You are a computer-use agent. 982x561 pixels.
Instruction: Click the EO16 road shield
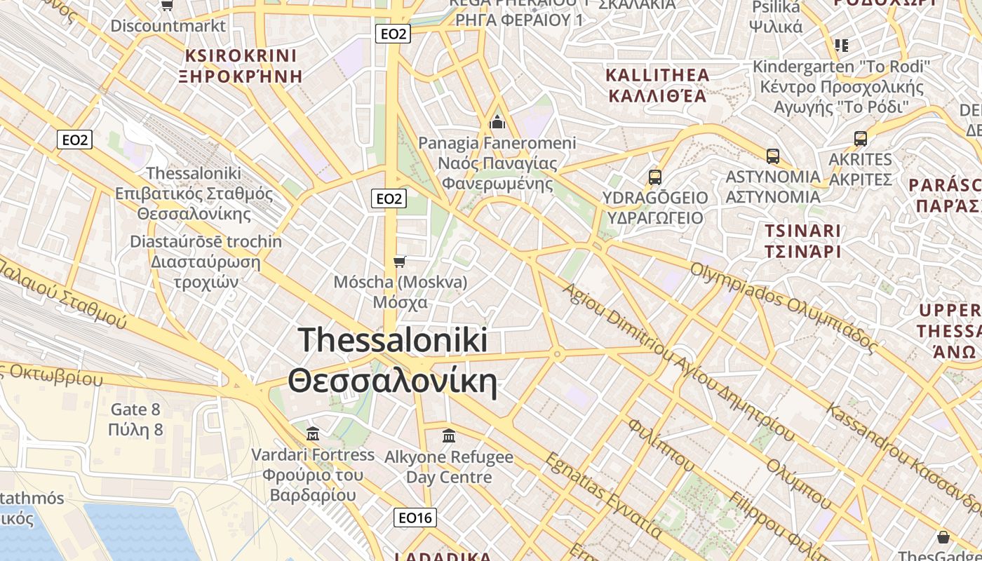[x=415, y=518]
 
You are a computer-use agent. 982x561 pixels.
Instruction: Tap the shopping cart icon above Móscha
[x=400, y=262]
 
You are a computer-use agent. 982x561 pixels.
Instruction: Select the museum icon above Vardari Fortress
[x=313, y=434]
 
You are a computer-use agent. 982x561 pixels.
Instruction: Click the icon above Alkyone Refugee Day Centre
[x=449, y=436]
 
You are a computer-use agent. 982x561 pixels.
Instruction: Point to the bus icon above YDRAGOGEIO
[x=655, y=177]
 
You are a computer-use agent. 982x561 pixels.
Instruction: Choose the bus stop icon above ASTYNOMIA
[x=773, y=156]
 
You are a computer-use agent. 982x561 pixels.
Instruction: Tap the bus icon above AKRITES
[x=861, y=139]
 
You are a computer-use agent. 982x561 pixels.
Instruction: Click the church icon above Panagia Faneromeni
[x=497, y=123]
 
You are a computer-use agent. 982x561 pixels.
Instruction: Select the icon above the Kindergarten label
[x=842, y=46]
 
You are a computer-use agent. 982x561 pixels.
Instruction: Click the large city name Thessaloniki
[x=393, y=340]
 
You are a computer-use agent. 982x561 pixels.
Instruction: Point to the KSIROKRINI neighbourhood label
[x=241, y=55]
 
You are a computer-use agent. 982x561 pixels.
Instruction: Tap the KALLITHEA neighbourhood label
[x=657, y=75]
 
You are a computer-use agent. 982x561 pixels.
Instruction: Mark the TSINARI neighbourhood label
[x=802, y=231]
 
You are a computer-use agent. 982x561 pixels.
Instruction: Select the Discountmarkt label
[x=168, y=26]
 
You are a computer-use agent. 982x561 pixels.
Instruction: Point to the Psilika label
[x=776, y=8]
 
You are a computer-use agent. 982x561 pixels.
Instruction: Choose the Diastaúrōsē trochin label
[x=206, y=242]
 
